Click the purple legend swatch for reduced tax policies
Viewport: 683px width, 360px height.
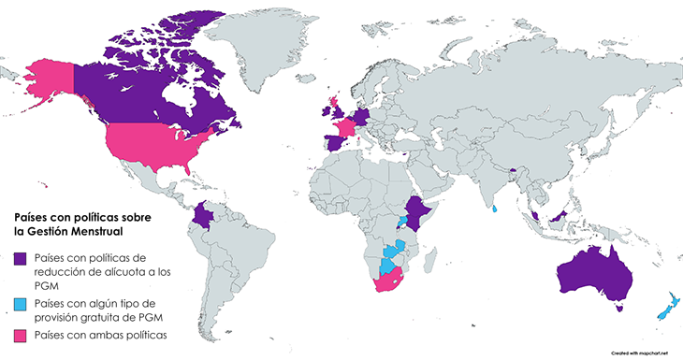pos(22,256)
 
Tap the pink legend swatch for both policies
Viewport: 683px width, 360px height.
pos(22,334)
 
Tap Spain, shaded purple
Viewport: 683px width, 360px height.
pos(332,144)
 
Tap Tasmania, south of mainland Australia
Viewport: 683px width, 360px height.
pos(618,301)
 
